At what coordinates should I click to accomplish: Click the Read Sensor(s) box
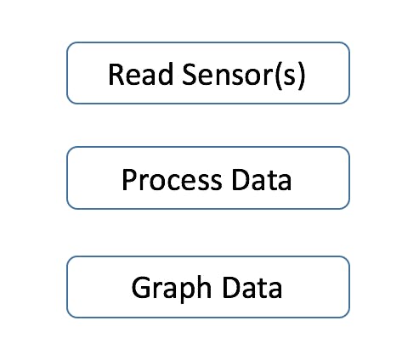pyautogui.click(x=208, y=73)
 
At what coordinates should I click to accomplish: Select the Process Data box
pyautogui.click(x=208, y=178)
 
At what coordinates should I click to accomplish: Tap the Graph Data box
pyautogui.click(x=208, y=287)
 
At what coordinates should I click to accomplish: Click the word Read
pyautogui.click(x=140, y=74)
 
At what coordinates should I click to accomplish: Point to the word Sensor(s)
pyautogui.click(x=244, y=75)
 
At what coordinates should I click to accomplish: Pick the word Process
pyautogui.click(x=172, y=180)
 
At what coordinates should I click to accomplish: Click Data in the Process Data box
pyautogui.click(x=262, y=179)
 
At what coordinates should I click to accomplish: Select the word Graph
pyautogui.click(x=172, y=289)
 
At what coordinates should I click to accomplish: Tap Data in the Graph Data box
pyautogui.click(x=252, y=287)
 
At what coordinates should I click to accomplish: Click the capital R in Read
pyautogui.click(x=116, y=74)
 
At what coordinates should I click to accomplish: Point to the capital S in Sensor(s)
pyautogui.click(x=190, y=74)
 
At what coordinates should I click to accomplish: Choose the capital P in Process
pyautogui.click(x=129, y=180)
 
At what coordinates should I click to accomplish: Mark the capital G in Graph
pyautogui.click(x=140, y=287)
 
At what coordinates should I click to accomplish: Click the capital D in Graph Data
pyautogui.click(x=230, y=287)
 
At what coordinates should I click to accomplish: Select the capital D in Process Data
pyautogui.click(x=240, y=180)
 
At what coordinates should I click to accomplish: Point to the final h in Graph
pyautogui.click(x=205, y=286)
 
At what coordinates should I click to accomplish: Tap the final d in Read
pyautogui.click(x=166, y=74)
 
